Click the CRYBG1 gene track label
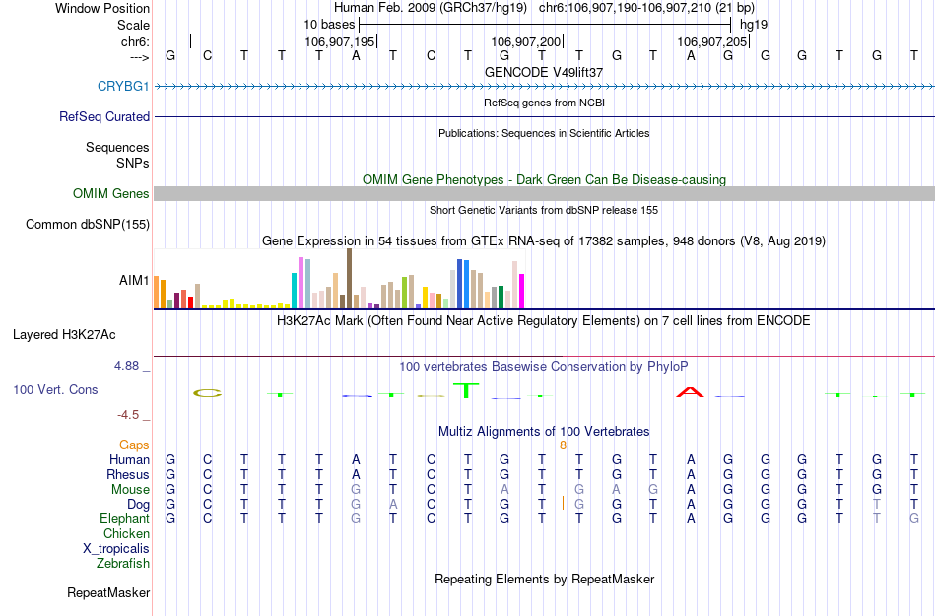click(x=123, y=87)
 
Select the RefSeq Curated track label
click(x=104, y=116)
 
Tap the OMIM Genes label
click(x=111, y=194)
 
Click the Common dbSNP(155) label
click(x=88, y=225)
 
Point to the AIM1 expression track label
click(x=134, y=281)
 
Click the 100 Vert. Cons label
click(x=55, y=390)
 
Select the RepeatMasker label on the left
click(x=108, y=593)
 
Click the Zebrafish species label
click(x=123, y=564)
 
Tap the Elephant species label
click(x=124, y=519)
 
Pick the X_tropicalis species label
click(x=116, y=549)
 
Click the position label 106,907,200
click(x=526, y=42)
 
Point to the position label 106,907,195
click(x=340, y=42)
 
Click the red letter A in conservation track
click(x=691, y=393)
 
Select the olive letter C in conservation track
click(x=207, y=393)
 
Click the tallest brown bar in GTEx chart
click(x=349, y=278)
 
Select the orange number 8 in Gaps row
click(x=563, y=445)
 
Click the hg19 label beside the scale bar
click(x=754, y=24)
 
